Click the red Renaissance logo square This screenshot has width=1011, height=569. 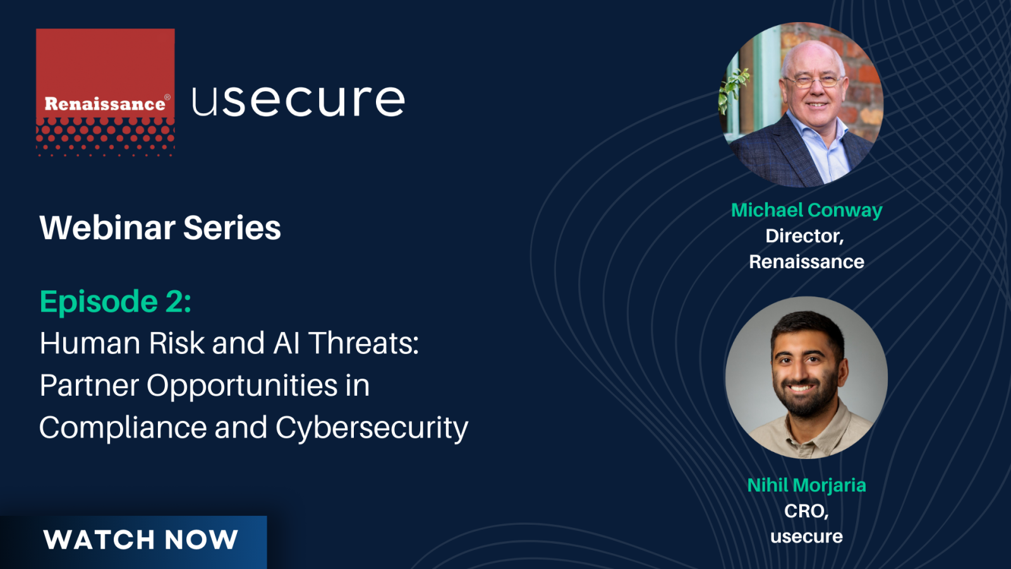coord(105,92)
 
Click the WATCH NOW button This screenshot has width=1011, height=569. coord(133,542)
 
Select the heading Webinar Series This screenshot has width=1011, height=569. coord(160,228)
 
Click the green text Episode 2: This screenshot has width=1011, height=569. coord(116,302)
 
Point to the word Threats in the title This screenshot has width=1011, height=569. coord(364,343)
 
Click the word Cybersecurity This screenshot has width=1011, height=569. coord(372,428)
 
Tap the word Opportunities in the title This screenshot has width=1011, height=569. coord(242,386)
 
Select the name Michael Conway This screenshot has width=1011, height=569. coord(806,211)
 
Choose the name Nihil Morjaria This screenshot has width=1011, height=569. coord(806,486)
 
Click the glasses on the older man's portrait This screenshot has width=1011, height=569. coord(814,82)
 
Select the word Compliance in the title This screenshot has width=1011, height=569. coord(123,428)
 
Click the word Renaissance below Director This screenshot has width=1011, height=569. coord(806,262)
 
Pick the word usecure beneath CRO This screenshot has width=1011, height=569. coord(806,537)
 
